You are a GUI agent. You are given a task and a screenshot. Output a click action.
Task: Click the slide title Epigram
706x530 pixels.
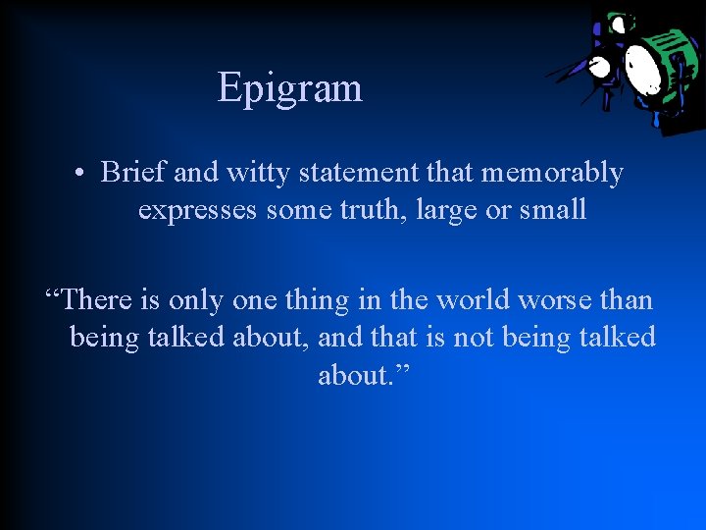pos(289,87)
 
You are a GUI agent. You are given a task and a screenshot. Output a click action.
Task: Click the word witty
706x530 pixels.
pos(256,174)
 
